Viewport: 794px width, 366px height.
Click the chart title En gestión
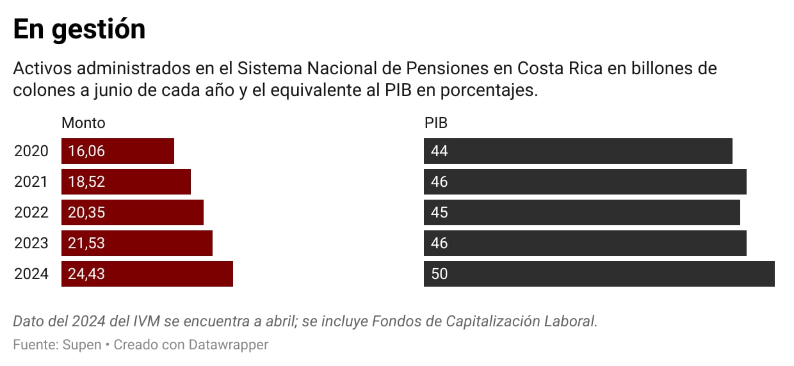79,29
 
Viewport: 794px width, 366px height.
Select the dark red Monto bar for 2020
118,151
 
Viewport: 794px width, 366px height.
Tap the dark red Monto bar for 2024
147,274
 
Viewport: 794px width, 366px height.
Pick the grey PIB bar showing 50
599,274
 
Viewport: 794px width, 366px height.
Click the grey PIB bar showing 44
578,151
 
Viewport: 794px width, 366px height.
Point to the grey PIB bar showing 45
581,212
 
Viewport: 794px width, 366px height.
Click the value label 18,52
86,182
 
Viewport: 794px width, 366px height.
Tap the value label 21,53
86,243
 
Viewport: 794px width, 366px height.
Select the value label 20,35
86,212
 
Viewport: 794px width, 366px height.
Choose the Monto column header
83,123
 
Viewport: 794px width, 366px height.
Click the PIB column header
436,123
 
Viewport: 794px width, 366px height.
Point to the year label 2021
31,182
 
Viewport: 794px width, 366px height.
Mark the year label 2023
31,243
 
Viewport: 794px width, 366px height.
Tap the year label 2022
31,212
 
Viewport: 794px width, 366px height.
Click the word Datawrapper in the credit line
229,345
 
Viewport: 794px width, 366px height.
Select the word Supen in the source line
82,345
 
